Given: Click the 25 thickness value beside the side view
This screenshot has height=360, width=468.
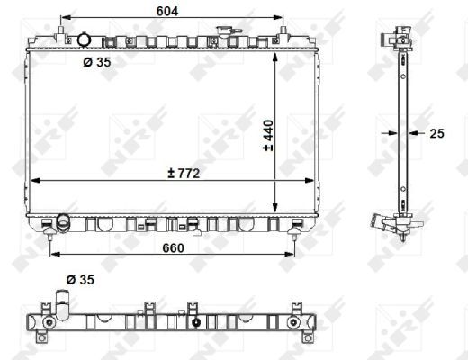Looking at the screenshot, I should [437, 134].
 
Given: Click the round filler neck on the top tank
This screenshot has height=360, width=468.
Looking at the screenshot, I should [84, 40].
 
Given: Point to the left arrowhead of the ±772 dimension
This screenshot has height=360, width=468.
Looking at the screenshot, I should [34, 182].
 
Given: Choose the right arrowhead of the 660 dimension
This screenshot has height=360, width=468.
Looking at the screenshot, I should [292, 254].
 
